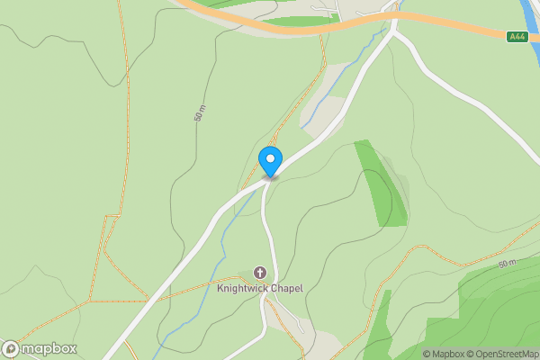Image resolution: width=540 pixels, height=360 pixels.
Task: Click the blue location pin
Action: [x=271, y=161]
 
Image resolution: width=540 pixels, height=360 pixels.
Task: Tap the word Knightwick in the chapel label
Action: [x=242, y=288]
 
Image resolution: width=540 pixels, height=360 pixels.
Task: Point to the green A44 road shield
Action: [x=517, y=37]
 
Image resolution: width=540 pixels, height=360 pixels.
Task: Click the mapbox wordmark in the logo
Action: [x=49, y=349]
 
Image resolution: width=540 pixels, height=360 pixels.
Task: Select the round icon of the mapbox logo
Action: [x=11, y=349]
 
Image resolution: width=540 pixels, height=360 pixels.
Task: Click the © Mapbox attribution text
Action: [x=443, y=354]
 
